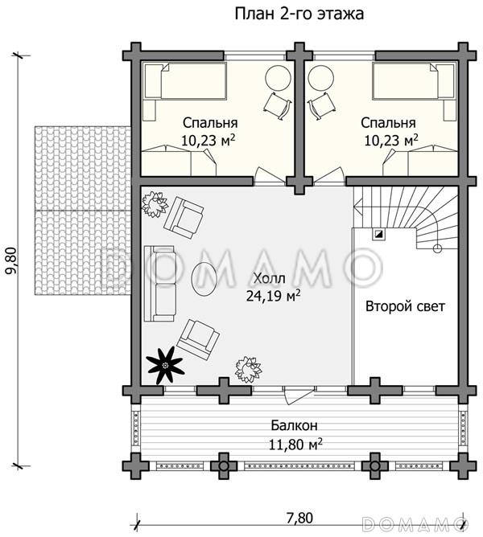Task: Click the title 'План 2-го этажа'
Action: point(299,14)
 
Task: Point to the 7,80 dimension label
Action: point(299,518)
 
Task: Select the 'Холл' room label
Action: point(269,278)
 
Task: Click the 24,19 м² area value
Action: point(274,296)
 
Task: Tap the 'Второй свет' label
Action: point(405,306)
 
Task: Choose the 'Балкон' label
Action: point(294,426)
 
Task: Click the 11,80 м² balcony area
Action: point(295,445)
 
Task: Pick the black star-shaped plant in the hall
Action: point(165,366)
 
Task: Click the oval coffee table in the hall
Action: point(204,278)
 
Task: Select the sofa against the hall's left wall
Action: point(159,284)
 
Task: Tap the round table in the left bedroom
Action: point(278,78)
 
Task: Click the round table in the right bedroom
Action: point(321,78)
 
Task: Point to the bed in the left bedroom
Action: point(185,81)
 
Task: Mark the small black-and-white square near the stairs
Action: point(379,234)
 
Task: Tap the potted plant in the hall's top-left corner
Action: point(155,204)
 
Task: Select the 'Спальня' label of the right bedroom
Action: point(388,123)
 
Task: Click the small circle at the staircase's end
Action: point(437,248)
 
